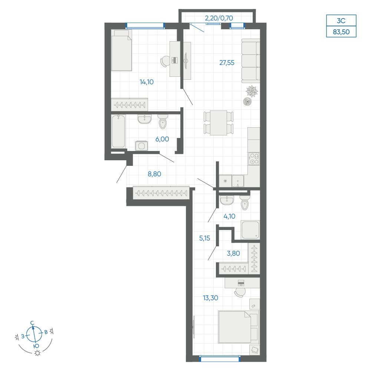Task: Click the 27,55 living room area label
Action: [227, 63]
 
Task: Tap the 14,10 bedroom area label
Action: [147, 82]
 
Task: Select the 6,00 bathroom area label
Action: [162, 139]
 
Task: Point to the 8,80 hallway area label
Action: [154, 174]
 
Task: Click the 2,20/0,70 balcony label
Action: [219, 18]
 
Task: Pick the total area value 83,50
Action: [341, 32]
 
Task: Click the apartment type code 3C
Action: [341, 21]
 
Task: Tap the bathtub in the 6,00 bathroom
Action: [118, 132]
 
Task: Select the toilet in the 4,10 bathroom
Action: [244, 203]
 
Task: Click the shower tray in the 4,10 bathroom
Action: [250, 230]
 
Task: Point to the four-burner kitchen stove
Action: [254, 159]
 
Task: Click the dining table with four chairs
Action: [219, 123]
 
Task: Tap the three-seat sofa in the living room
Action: [251, 61]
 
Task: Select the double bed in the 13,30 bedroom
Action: [239, 327]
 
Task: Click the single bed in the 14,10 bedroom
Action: [121, 50]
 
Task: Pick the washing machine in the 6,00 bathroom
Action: [141, 146]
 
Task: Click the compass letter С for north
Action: [32, 323]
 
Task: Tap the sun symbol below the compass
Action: [37, 353]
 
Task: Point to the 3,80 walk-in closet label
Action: [233, 253]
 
